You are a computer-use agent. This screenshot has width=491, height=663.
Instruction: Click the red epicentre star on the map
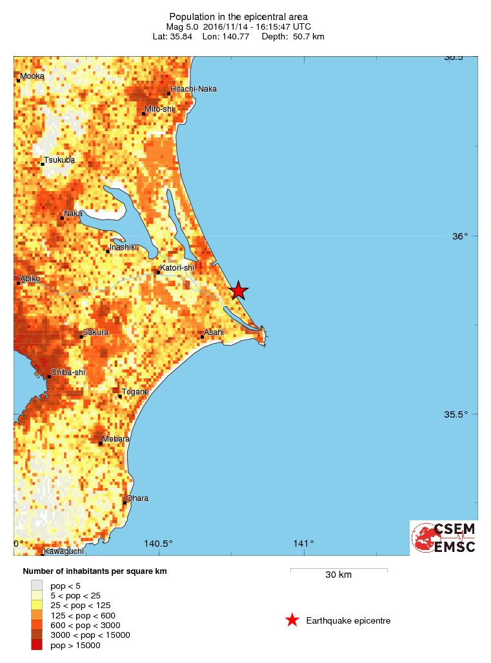239,291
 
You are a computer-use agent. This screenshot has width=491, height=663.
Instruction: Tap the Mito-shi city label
159,109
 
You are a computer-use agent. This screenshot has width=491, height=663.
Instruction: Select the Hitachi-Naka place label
193,88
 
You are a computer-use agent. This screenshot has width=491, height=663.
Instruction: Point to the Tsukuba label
59,159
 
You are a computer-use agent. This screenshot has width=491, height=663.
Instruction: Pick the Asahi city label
214,332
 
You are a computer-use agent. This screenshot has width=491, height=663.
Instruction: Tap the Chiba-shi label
68,372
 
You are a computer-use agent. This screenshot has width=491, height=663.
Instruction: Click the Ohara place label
137,498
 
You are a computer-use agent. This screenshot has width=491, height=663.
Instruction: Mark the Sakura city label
95,332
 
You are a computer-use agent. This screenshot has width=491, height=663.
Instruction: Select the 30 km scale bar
338,569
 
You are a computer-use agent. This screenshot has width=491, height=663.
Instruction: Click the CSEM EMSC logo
444,537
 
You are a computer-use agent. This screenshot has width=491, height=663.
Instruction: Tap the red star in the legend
292,620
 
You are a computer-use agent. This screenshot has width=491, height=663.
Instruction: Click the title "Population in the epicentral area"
238,16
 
